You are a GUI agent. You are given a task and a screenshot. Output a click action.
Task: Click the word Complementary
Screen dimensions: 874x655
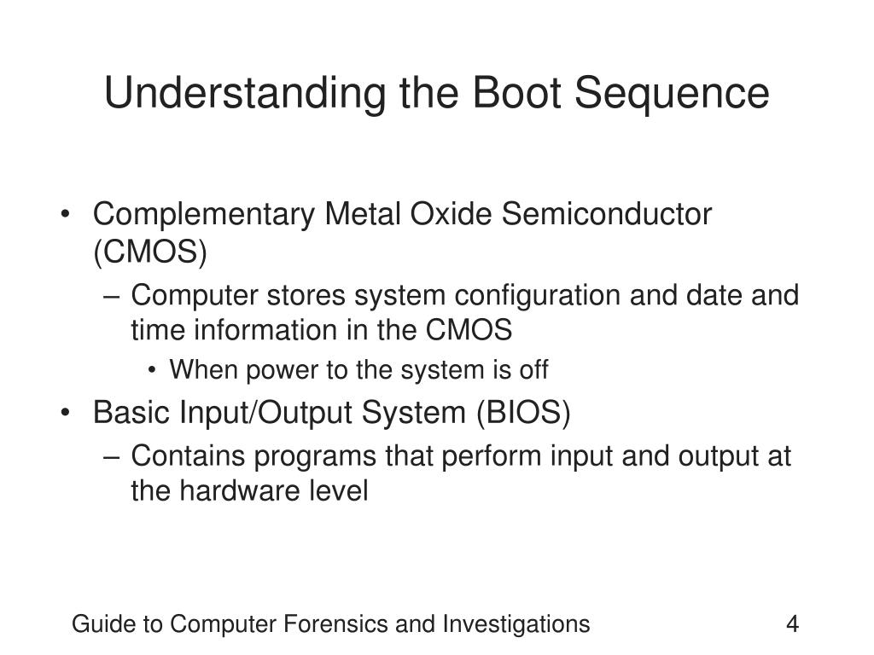click(204, 215)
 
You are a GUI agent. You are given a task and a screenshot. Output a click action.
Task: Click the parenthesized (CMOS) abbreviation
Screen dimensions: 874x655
click(150, 252)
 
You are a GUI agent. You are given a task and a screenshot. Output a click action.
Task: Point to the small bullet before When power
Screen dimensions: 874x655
click(152, 371)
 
